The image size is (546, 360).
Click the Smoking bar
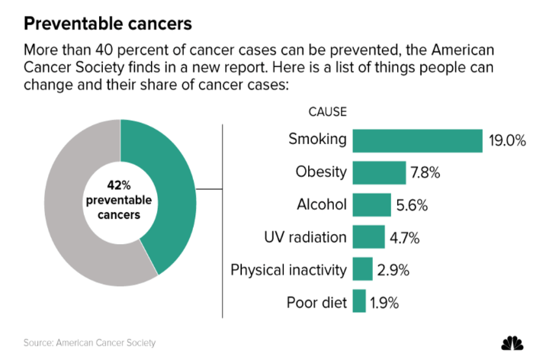(x=418, y=140)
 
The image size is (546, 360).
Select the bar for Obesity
(x=378, y=172)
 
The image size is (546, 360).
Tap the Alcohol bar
(x=372, y=204)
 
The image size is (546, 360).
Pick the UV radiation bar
(x=369, y=236)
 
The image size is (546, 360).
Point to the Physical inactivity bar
(x=363, y=269)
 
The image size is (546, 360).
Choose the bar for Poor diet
(x=360, y=301)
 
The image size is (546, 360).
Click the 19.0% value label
(x=506, y=140)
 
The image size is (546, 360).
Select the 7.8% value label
(x=426, y=172)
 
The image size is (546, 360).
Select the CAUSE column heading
(x=327, y=111)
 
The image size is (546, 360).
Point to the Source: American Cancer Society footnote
(x=94, y=342)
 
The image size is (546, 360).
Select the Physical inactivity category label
(x=288, y=269)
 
